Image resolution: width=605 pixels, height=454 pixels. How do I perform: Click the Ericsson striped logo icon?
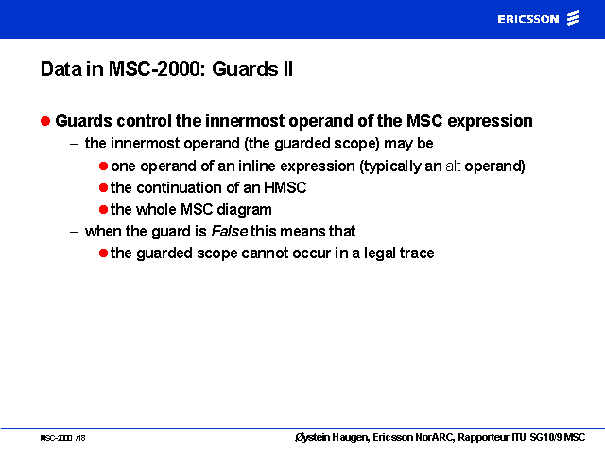click(x=573, y=18)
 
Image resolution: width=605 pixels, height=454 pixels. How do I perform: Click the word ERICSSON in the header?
click(x=528, y=19)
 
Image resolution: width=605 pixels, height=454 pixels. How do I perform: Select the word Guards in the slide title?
click(x=245, y=69)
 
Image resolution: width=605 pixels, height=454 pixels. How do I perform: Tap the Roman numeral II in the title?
click(x=287, y=69)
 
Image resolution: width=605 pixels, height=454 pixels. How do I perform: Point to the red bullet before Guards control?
click(x=45, y=121)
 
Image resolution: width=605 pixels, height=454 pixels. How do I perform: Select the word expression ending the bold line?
click(x=490, y=122)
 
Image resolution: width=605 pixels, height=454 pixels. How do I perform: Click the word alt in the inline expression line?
click(x=453, y=166)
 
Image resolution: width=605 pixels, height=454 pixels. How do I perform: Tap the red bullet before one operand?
click(x=103, y=166)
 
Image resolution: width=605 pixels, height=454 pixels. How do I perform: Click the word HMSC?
click(x=285, y=187)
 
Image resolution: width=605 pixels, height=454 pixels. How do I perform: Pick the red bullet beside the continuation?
click(x=103, y=187)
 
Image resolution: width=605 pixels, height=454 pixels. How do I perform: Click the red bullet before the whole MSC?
click(x=103, y=210)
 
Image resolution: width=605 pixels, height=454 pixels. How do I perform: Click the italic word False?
click(x=229, y=231)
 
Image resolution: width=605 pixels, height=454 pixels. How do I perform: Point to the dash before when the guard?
click(x=74, y=232)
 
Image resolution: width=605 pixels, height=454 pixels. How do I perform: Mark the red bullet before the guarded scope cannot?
click(x=103, y=253)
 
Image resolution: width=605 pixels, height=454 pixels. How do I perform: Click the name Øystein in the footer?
click(x=312, y=437)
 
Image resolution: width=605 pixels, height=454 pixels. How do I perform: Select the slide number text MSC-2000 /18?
click(x=62, y=438)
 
